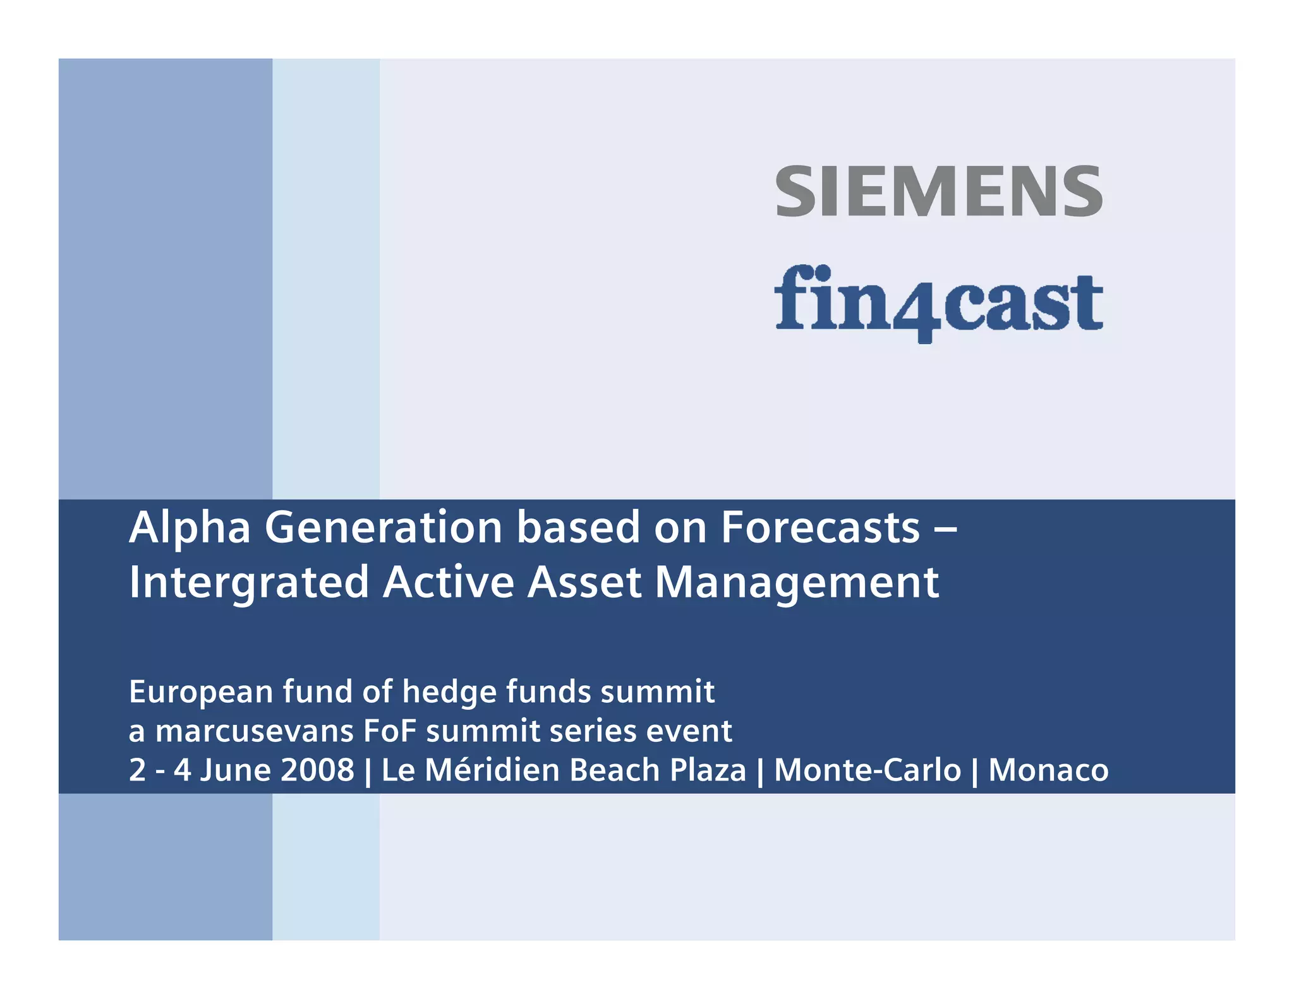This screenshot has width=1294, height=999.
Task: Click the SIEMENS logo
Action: click(938, 191)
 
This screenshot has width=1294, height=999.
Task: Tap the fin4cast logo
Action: click(938, 302)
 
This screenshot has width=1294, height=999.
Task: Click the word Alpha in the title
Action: click(190, 528)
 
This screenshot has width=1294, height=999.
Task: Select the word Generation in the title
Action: click(383, 528)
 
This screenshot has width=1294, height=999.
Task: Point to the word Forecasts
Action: click(820, 528)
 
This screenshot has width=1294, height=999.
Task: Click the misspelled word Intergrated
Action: click(249, 582)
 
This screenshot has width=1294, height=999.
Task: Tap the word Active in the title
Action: click(449, 582)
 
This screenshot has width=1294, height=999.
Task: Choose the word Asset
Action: click(584, 582)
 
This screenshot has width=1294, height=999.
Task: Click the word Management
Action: click(796, 582)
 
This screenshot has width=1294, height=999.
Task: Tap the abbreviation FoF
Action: click(390, 731)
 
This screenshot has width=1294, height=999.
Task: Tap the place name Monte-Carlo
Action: click(867, 770)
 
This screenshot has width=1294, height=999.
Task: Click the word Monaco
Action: click(1048, 770)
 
